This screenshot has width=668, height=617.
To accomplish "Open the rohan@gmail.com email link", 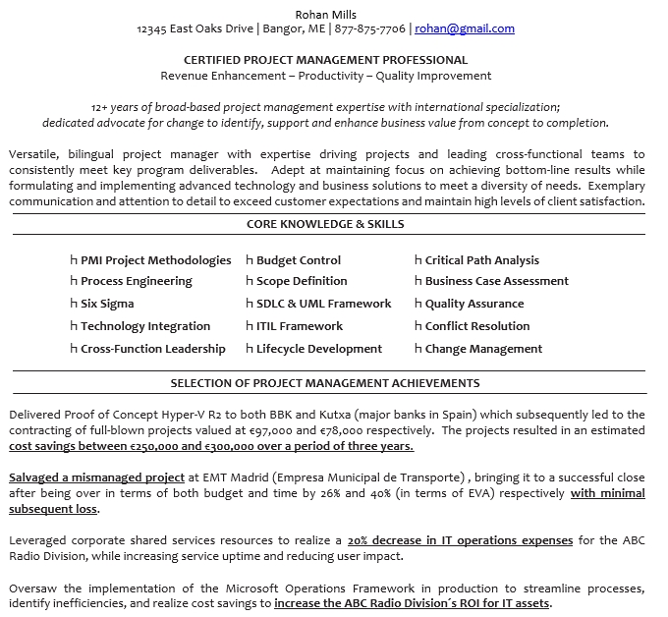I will point(465,29).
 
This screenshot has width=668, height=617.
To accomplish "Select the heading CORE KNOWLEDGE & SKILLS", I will point(325,224).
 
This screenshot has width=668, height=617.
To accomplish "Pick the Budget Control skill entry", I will point(299,260).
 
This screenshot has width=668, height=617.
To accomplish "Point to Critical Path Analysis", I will point(481,260).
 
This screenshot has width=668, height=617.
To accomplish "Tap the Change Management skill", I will point(483,349).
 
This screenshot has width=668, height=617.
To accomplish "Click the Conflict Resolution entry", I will point(477,326).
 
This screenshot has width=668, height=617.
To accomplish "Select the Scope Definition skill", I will point(302,281).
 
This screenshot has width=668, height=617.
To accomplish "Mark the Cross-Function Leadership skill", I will point(153,349).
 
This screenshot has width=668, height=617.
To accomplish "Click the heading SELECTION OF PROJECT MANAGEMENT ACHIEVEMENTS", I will point(325,383).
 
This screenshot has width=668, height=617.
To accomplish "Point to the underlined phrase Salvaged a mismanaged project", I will point(96,477).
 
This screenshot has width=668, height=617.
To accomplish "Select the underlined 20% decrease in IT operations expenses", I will point(460,540).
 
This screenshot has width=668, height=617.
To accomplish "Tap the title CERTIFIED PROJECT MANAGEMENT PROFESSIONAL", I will point(325,60).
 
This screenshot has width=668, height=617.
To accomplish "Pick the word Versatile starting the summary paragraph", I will point(32,154).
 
